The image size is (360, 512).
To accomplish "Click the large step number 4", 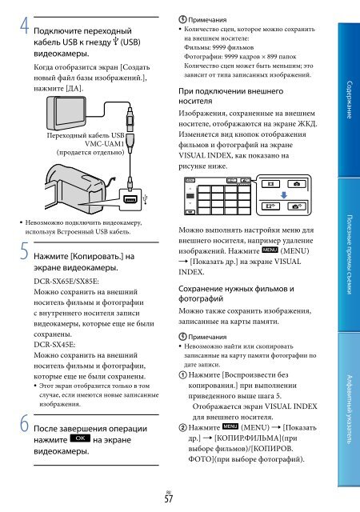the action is pos(24,26).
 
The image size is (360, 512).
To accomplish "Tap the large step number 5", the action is pos(25,251).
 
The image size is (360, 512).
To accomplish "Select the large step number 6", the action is pos(25,423).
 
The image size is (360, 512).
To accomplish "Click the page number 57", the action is pos(169,499).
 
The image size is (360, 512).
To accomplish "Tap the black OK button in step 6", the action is pos(80,438).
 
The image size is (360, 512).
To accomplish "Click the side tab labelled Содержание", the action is pos(349,99).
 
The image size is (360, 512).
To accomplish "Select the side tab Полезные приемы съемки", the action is pos(349,254).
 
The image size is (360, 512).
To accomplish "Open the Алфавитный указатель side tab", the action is pos(349,409).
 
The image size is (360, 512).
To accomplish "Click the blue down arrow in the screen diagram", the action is pos(284,195).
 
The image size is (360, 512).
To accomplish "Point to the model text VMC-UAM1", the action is pos(104,144).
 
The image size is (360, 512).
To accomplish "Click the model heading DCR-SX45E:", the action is pos(54,345).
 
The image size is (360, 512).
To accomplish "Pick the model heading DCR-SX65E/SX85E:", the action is pos(66,281).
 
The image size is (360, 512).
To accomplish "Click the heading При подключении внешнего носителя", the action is pos(230,96).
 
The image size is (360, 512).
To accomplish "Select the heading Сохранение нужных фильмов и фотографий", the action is pos(236,294).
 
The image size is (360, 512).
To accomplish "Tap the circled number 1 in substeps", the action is pos(182,375).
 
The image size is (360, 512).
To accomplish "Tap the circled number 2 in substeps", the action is pos(182,427).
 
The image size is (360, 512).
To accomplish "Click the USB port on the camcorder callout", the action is pos(130,199).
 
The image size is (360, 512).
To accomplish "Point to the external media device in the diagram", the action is pos(66,114).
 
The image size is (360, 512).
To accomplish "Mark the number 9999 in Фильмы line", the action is pos(219,47).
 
